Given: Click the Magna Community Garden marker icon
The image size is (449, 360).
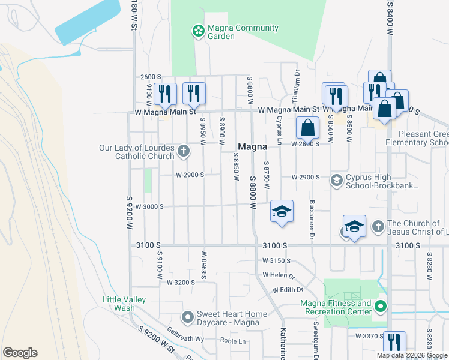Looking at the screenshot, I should pos(197,31).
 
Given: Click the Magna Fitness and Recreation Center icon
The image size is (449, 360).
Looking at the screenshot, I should pos(380,308).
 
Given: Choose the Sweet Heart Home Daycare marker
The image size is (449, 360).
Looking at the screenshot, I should pos(188,316).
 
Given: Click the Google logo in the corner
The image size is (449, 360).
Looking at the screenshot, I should pos(20,353).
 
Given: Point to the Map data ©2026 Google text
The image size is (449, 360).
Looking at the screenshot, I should pos(412,355).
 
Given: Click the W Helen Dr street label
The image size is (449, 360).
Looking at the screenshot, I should pos(279,276).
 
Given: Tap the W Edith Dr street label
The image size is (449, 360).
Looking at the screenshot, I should pos(286,290).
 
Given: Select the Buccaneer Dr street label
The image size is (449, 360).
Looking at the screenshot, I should pos(312,218).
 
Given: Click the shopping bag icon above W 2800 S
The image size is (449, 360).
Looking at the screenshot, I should pos(307,128).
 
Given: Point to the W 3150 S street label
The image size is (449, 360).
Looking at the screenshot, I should pos(276,261).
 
